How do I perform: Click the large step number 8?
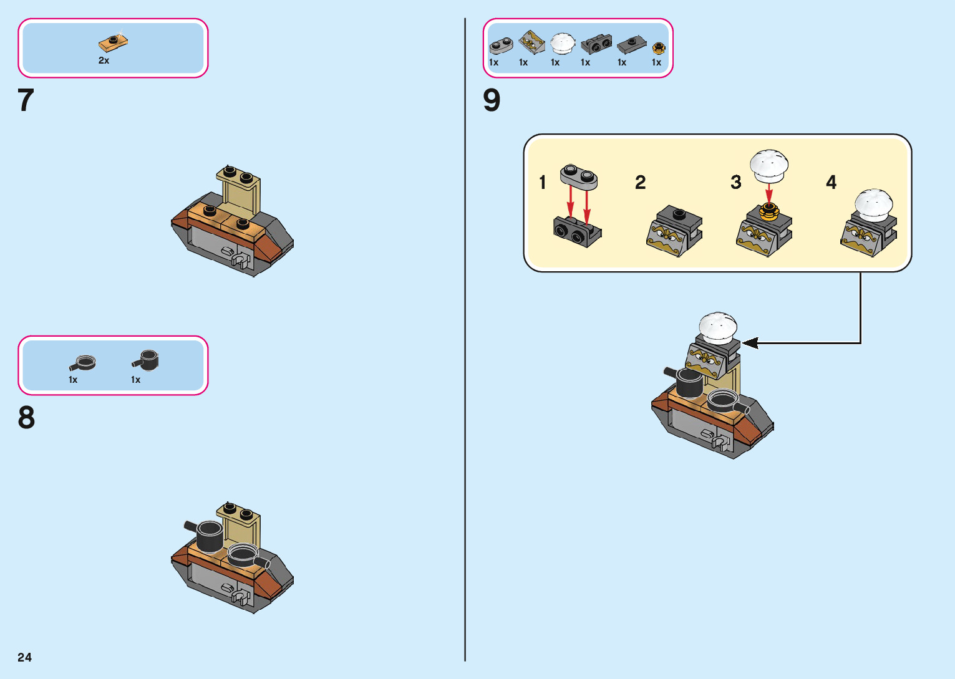(26, 418)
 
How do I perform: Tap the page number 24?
(24, 657)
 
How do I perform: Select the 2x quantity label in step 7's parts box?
(104, 60)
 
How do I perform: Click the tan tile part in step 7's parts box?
(114, 42)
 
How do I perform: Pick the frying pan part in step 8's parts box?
(83, 362)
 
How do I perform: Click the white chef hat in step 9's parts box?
(562, 43)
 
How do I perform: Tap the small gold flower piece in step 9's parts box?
(658, 48)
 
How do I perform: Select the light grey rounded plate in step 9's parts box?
(501, 45)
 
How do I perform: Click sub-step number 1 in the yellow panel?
(542, 182)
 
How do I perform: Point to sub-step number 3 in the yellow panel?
(736, 182)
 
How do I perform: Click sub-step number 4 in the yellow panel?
(831, 182)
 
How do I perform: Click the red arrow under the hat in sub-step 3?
(769, 193)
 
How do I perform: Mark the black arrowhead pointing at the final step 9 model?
(750, 342)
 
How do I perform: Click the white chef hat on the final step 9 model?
(718, 327)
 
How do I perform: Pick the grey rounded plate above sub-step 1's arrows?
(578, 176)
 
